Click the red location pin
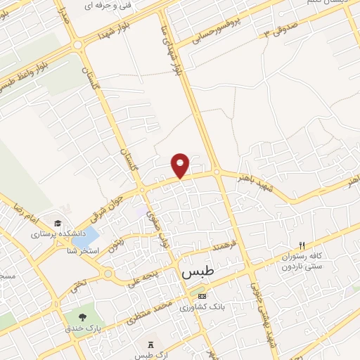[181, 165]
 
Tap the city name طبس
[198, 271]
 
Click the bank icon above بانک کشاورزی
[202, 295]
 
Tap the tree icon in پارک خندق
[82, 317]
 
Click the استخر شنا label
[84, 251]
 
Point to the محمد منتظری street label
[148, 314]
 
